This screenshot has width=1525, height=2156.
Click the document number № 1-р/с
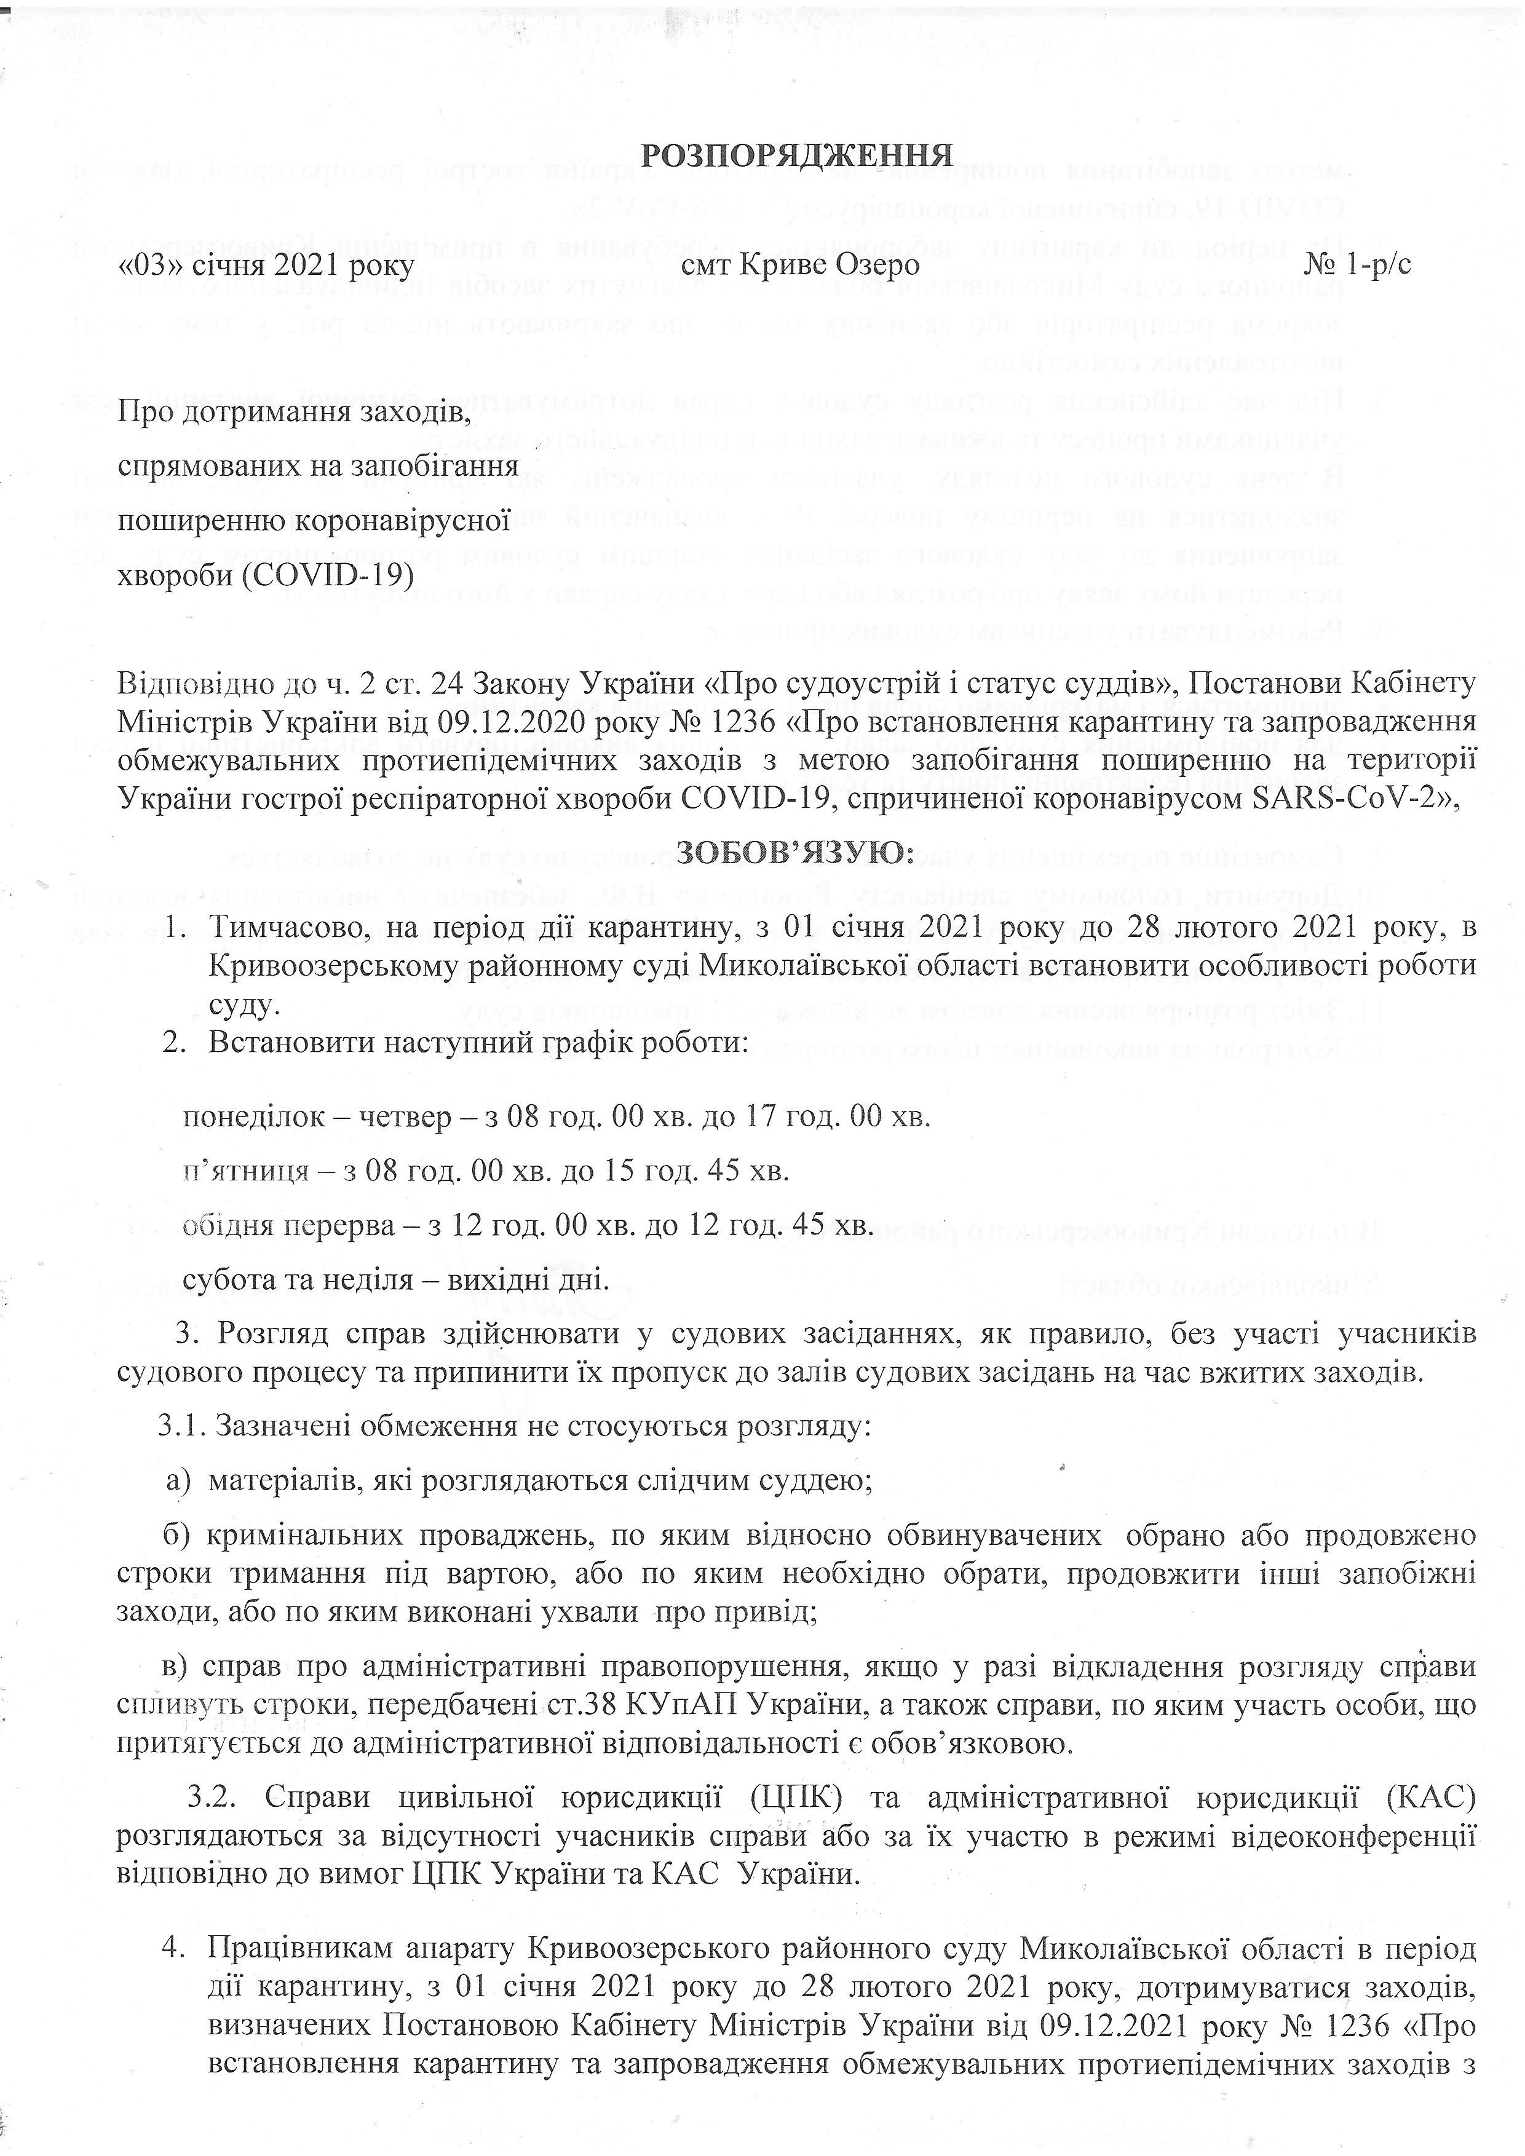(1357, 266)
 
